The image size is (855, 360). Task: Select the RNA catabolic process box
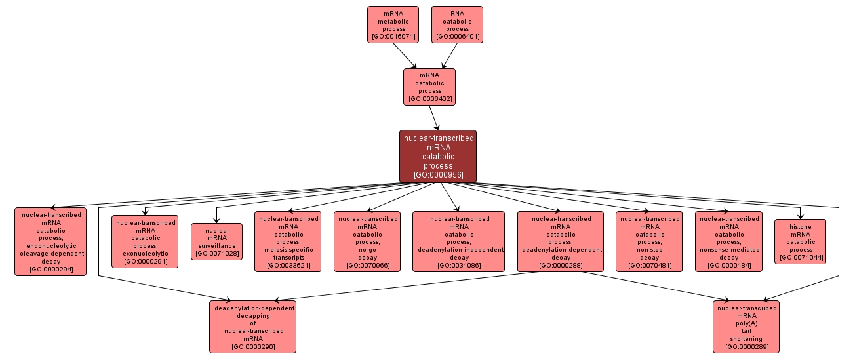point(457,24)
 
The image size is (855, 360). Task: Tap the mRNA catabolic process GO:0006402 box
point(429,87)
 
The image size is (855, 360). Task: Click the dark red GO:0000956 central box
point(438,156)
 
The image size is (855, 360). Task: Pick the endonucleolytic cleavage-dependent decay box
point(50,241)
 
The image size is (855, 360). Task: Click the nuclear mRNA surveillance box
point(216,241)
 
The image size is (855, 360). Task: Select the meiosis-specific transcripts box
point(288,241)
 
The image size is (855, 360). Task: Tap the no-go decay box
point(367,241)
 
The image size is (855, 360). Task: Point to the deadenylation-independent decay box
point(458,241)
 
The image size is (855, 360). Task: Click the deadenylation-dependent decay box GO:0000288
point(561,241)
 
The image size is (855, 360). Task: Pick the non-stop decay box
point(650,241)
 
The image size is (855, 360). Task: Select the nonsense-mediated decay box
point(728,241)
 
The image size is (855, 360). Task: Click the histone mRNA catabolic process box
point(801,241)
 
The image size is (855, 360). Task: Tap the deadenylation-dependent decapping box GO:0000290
point(253,327)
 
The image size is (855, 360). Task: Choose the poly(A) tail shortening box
point(747,327)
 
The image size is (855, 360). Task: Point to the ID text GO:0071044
point(801,258)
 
